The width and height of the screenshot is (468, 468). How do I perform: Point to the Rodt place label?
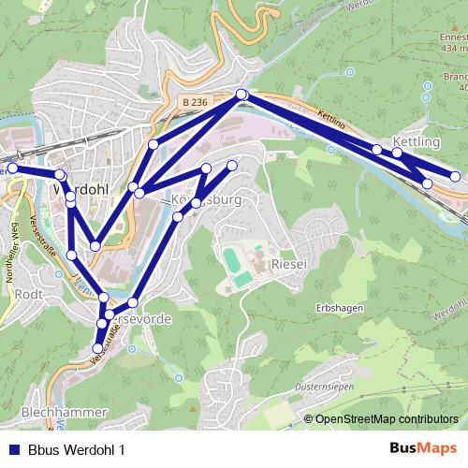(30, 294)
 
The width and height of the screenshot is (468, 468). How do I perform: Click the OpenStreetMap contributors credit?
(388, 418)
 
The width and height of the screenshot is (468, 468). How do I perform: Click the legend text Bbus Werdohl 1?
(76, 448)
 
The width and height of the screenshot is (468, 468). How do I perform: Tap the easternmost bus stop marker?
(456, 176)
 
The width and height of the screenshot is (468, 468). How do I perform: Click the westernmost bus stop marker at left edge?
(12, 168)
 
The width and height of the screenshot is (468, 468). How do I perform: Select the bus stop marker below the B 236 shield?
(242, 94)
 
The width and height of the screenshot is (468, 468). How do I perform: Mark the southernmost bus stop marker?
(96, 350)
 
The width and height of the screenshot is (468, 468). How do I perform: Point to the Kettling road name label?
(331, 123)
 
